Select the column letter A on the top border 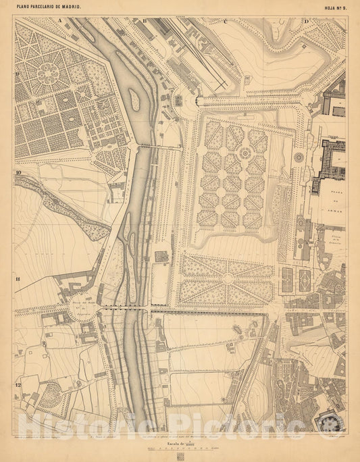(59, 21)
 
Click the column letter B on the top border (145, 21)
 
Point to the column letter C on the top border (225, 21)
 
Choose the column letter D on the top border (306, 21)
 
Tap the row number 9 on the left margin (18, 75)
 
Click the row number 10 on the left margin (18, 174)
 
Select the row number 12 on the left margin (18, 385)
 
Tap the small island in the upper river (134, 101)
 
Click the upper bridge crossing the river (159, 147)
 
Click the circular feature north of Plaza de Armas (298, 157)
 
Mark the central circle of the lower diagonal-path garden (228, 279)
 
